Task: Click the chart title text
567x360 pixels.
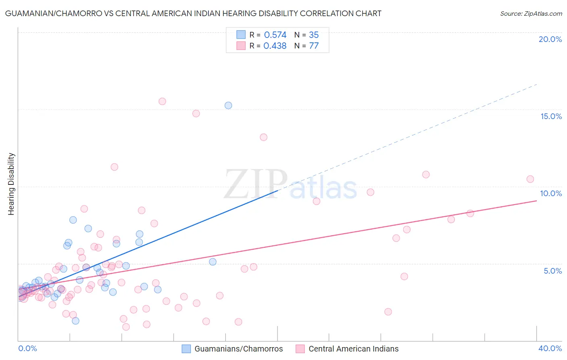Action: pos(193,13)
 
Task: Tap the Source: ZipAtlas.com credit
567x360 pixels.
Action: pos(531,13)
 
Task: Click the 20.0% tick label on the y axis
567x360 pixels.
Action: pos(550,39)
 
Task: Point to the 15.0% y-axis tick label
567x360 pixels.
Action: pos(551,116)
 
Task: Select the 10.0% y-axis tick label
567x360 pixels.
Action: pos(551,193)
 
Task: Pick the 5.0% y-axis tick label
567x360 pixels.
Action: pos(552,271)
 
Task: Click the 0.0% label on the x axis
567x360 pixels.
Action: pos(27,348)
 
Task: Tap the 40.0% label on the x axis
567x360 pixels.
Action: pos(550,348)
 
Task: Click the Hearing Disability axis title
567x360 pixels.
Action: pos(11,184)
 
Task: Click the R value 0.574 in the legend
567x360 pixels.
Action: pos(275,35)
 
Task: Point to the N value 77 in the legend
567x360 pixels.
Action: pos(314,46)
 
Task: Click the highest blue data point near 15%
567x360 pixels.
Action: pos(228,105)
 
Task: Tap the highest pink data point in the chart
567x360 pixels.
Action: pos(162,101)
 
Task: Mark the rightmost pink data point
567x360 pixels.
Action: pos(530,179)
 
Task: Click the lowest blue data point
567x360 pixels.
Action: pos(75,321)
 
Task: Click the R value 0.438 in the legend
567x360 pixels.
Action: pos(275,46)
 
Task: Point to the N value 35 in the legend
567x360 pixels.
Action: pos(314,35)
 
